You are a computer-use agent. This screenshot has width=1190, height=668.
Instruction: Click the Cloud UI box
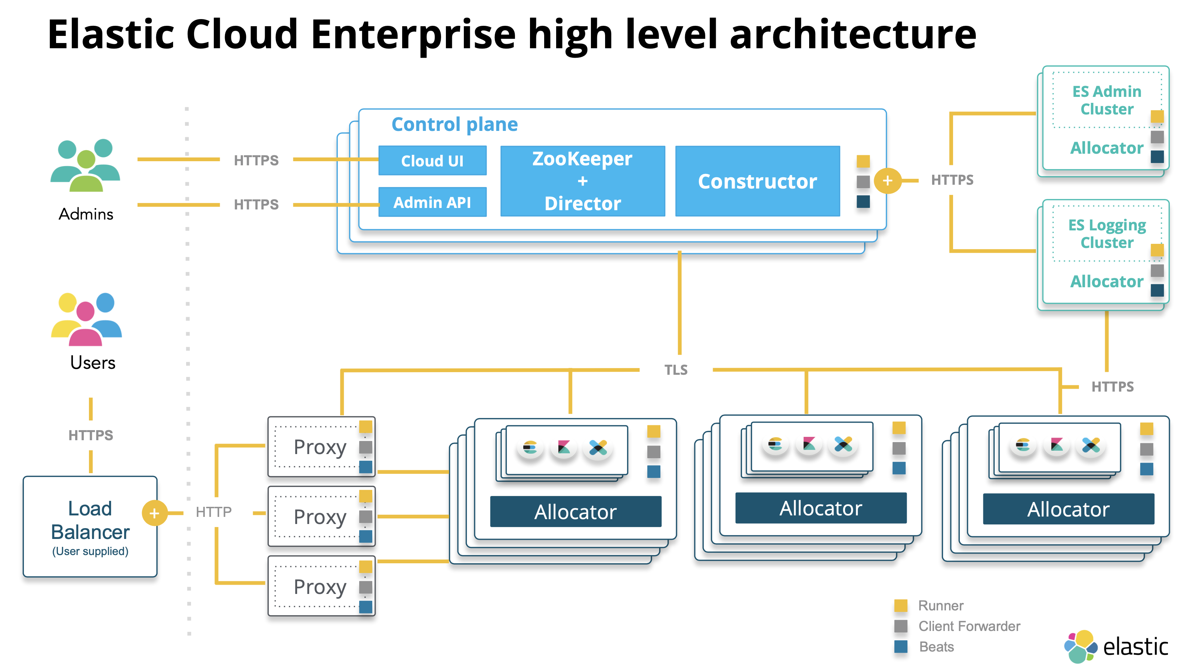click(x=432, y=160)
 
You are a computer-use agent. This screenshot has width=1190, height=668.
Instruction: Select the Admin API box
click(x=432, y=202)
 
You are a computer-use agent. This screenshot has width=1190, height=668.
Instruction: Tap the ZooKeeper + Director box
click(x=583, y=181)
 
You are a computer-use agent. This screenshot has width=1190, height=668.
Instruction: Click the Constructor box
click(x=757, y=181)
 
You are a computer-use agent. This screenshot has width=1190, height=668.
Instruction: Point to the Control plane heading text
click(x=454, y=124)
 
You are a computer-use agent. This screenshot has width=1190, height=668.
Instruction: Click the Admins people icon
click(x=86, y=165)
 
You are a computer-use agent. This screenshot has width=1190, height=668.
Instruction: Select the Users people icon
click(x=86, y=319)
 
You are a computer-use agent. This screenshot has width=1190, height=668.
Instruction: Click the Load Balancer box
click(x=90, y=526)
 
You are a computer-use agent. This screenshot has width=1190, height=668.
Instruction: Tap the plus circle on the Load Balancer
click(x=154, y=513)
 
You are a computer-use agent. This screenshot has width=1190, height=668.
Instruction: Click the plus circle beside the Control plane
click(x=887, y=180)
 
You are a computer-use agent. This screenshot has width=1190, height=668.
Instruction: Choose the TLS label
click(x=675, y=370)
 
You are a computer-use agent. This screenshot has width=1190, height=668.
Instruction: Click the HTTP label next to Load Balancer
click(x=213, y=512)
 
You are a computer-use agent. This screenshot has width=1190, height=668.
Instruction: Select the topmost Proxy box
click(x=320, y=447)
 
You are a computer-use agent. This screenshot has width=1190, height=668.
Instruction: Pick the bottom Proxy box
click(x=320, y=586)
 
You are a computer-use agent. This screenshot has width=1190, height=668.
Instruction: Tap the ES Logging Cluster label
click(x=1107, y=233)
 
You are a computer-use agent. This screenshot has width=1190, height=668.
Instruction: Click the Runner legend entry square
click(x=900, y=605)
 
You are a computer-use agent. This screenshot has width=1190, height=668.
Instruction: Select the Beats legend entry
click(x=936, y=646)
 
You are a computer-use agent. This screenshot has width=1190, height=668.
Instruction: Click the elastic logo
click(x=1116, y=646)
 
